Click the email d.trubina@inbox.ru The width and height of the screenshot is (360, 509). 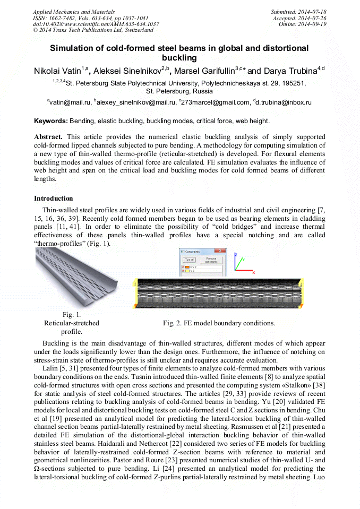coord(284,102)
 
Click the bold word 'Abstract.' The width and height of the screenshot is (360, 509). coord(48,136)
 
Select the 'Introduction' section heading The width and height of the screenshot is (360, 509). coord(53,199)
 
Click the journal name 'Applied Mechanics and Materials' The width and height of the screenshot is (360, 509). coord(74,12)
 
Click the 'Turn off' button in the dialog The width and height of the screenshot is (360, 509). coord(190,260)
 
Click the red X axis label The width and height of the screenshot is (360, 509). coord(253,272)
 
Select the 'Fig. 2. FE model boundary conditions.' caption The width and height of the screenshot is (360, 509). coord(218,323)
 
